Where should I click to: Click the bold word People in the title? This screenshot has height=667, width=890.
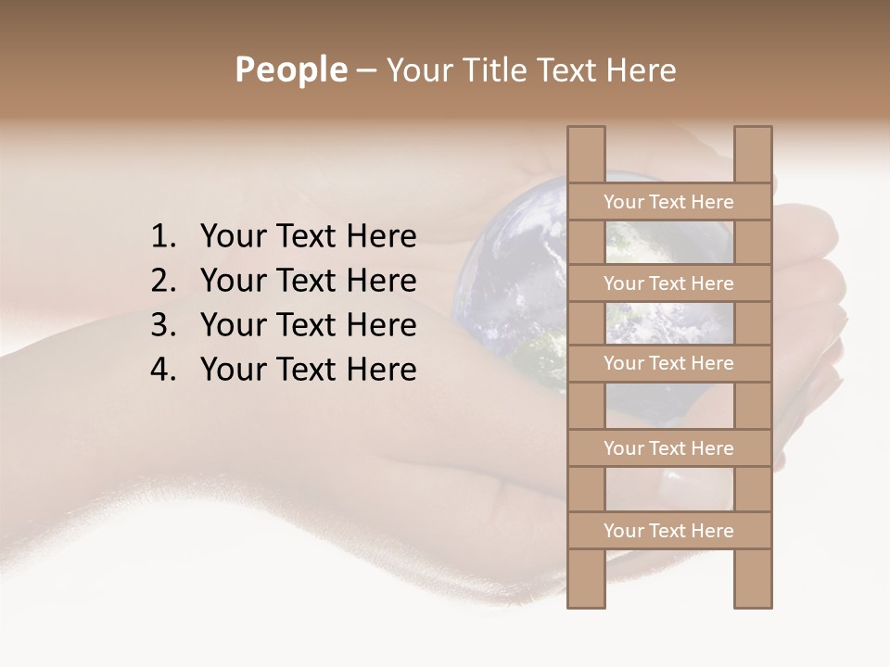tap(291, 69)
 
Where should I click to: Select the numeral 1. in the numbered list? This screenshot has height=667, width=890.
tap(163, 237)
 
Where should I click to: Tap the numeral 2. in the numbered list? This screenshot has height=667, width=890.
tap(163, 281)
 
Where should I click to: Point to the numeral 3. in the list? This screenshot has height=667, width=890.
tap(163, 325)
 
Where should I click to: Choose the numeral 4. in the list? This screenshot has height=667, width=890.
tap(163, 370)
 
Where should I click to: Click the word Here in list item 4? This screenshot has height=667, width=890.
tap(381, 370)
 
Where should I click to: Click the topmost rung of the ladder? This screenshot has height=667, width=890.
tap(669, 201)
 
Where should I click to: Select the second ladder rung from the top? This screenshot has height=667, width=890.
tap(669, 283)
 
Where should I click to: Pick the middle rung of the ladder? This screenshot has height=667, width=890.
tap(669, 363)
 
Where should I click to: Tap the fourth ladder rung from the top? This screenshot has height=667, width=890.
tap(669, 448)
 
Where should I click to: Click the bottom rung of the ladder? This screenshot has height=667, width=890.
tap(669, 531)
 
